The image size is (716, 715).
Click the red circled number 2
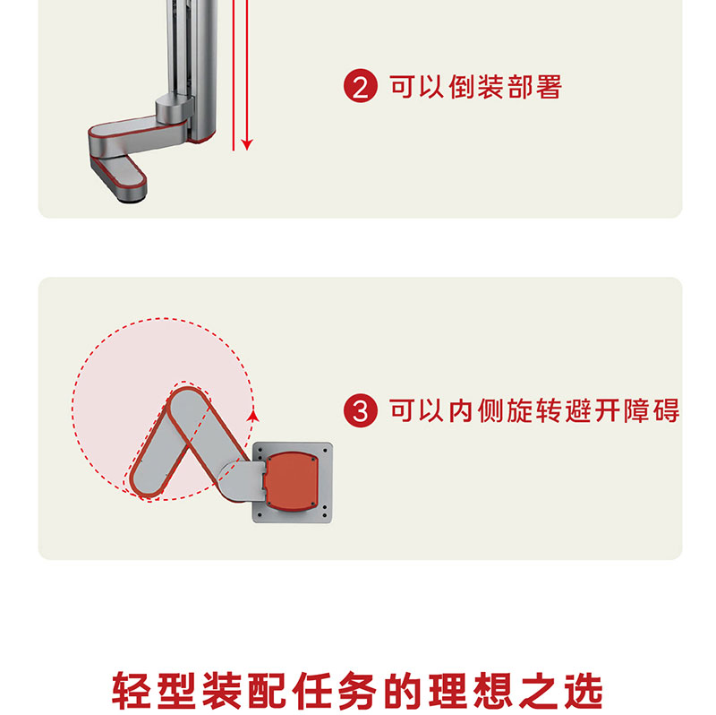coord(361,86)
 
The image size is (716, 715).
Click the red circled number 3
coord(361,410)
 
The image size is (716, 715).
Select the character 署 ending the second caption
coord(549,86)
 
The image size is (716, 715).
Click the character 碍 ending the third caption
coord(666,410)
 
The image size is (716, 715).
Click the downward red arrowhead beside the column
coord(247,144)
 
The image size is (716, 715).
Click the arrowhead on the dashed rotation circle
coord(253,416)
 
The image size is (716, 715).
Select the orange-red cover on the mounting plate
coord(293,482)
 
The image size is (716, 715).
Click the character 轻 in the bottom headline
coord(131,690)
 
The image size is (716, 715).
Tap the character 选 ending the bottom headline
coord(584,690)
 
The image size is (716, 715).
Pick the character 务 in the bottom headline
coord(357,690)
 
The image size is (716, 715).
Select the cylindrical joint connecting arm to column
coord(175,107)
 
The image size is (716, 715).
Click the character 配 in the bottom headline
coord(267,690)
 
